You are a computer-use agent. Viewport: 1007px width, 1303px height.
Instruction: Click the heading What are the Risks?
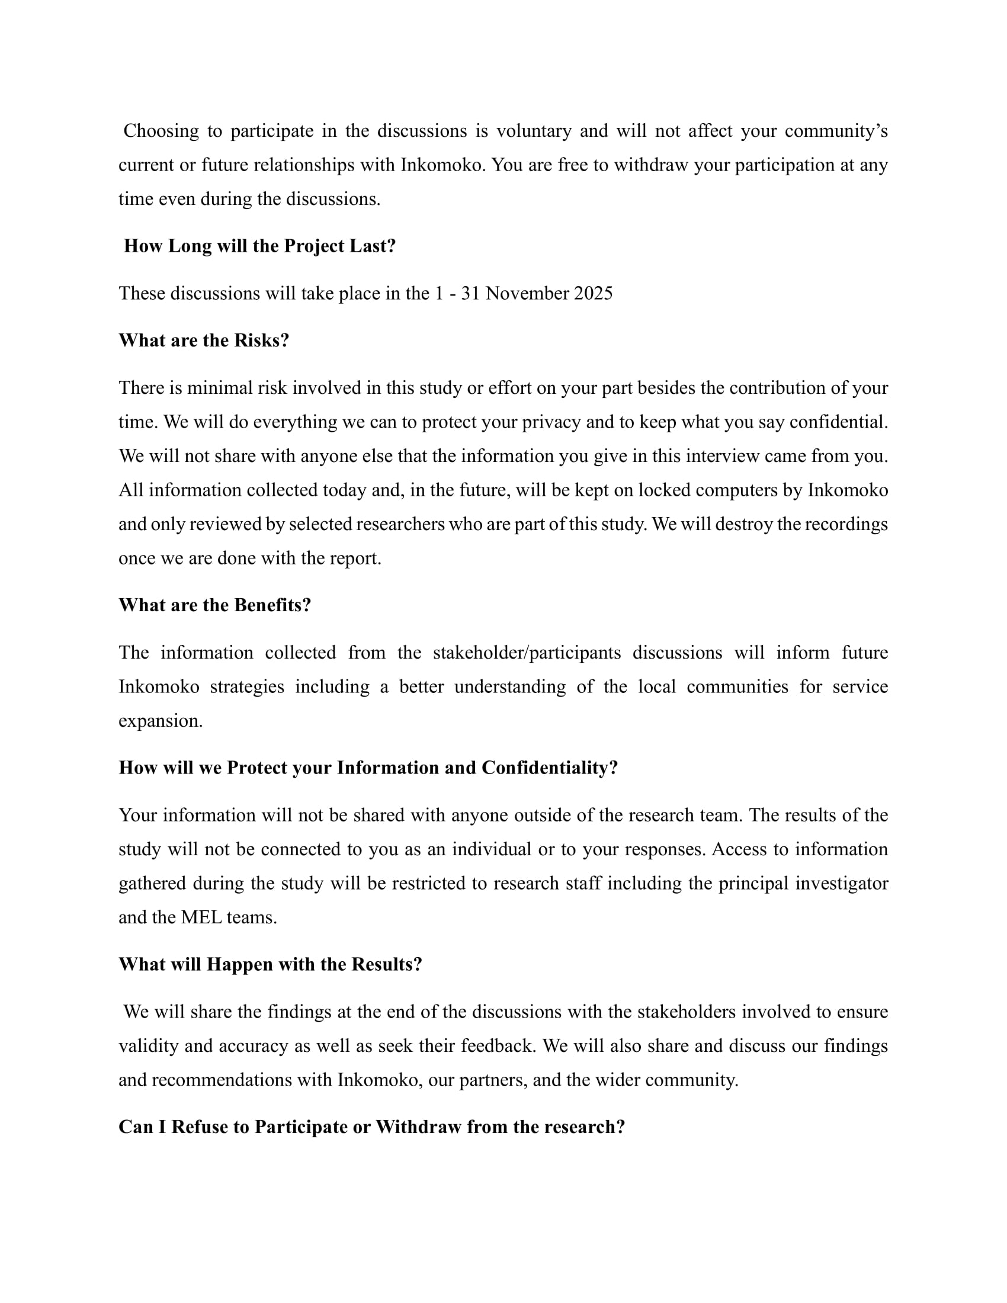[x=204, y=340]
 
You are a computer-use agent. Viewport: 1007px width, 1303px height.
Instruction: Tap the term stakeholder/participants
[x=527, y=652]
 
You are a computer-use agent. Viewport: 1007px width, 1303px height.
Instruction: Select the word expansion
[x=161, y=721]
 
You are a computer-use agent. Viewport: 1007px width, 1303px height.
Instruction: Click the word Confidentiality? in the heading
[x=550, y=767]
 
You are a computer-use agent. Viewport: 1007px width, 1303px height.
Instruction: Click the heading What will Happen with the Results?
[x=270, y=964]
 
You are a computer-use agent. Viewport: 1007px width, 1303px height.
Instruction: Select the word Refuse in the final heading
[x=200, y=1127]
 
